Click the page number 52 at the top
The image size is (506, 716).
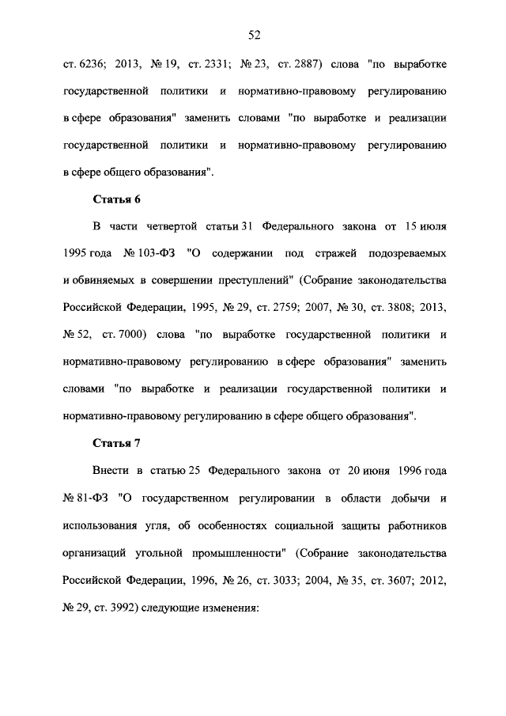click(x=254, y=34)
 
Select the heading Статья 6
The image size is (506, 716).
click(x=117, y=198)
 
